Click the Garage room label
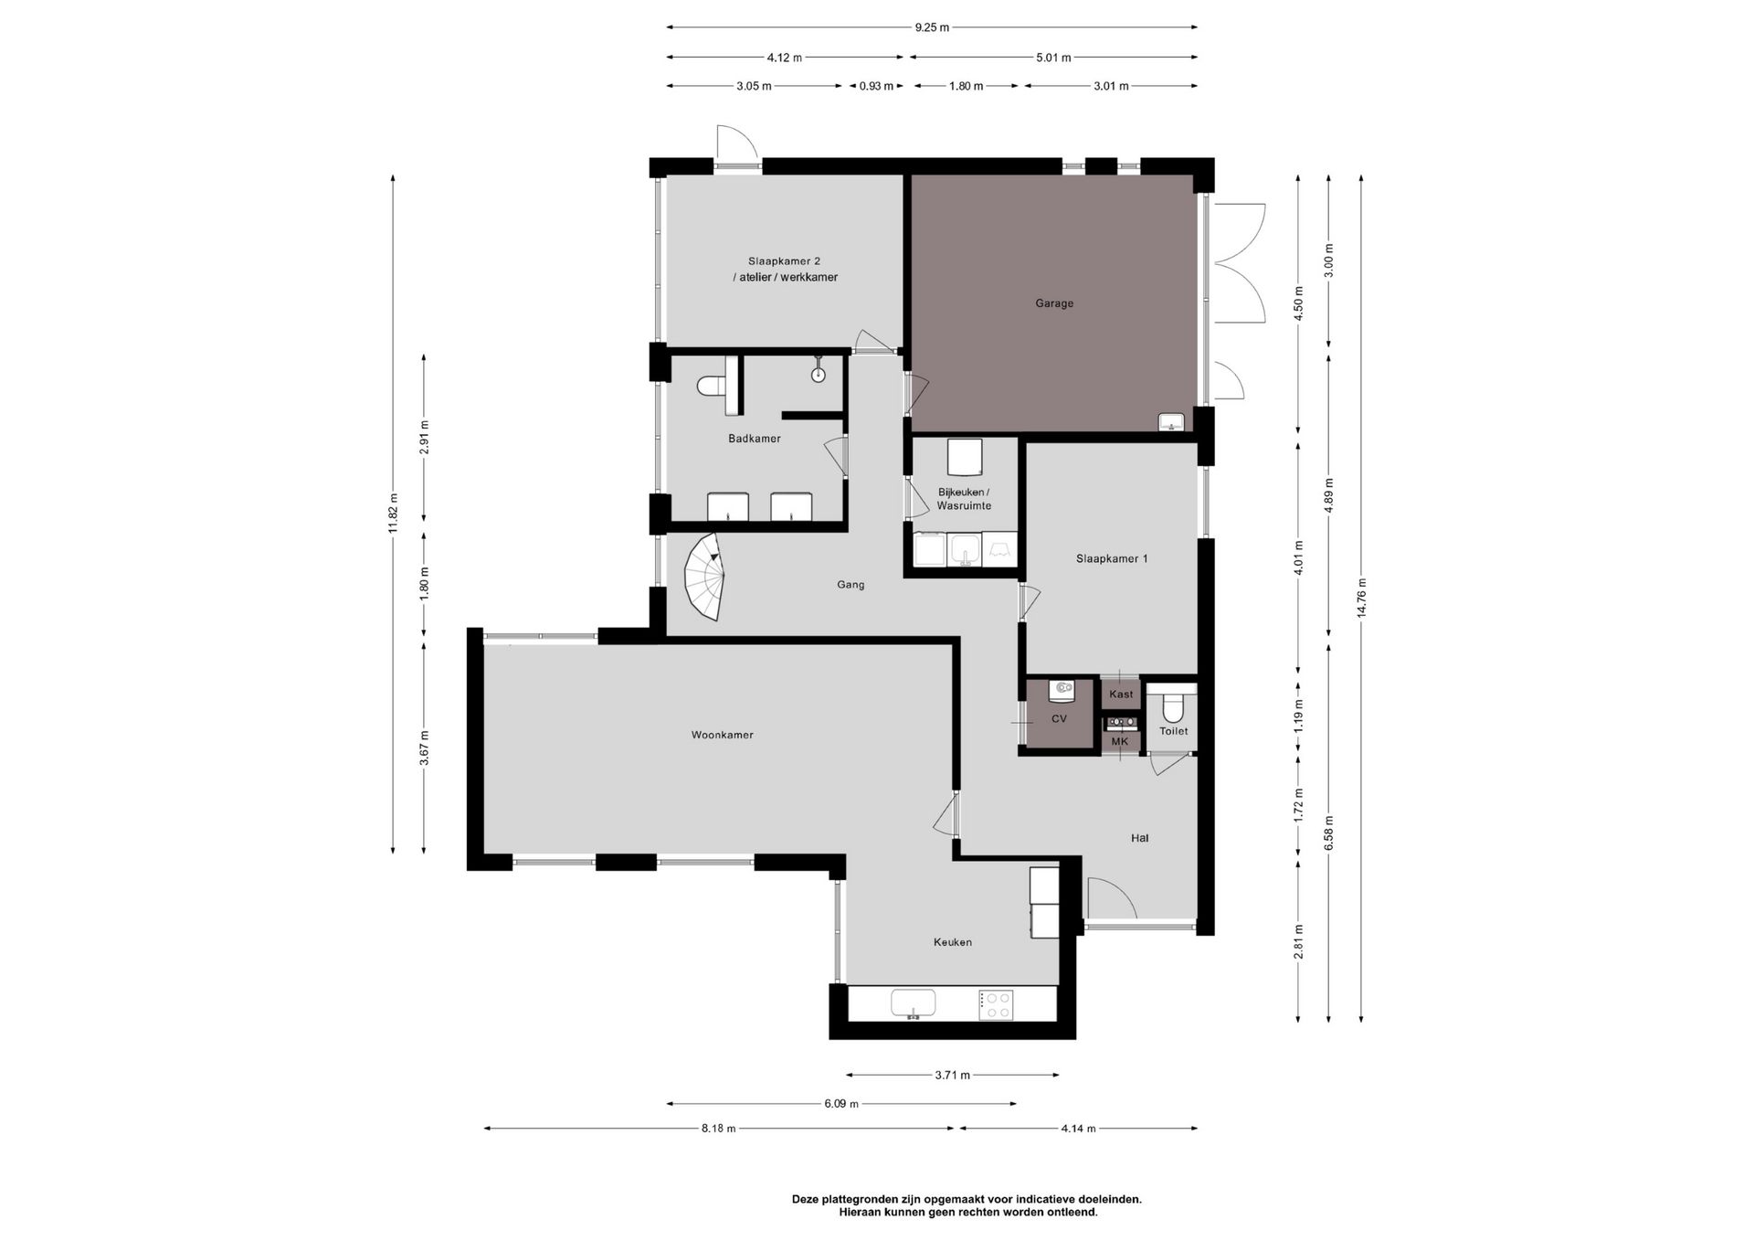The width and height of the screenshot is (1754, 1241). (x=1054, y=303)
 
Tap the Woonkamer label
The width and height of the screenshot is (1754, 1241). (x=722, y=735)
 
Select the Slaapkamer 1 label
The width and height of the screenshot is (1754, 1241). (x=1112, y=558)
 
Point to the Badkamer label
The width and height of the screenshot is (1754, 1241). (x=755, y=439)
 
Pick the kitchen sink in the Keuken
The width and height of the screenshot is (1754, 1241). (x=914, y=1003)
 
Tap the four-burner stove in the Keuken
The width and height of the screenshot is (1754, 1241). (x=995, y=1005)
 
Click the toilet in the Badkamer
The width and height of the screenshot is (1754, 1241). (x=711, y=387)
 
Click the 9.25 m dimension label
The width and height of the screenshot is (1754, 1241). (x=932, y=27)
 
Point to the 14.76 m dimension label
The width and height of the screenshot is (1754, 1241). (x=1361, y=599)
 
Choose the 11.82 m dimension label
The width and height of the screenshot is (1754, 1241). (x=393, y=514)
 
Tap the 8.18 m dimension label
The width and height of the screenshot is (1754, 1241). (x=719, y=1129)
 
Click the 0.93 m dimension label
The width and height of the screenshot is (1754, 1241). (x=876, y=86)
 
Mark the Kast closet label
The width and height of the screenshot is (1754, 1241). (x=1121, y=695)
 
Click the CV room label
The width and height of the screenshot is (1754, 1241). (x=1059, y=719)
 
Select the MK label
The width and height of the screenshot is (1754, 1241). (x=1120, y=741)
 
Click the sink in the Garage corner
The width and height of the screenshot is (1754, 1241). (x=1171, y=422)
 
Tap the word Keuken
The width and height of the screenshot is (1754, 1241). (x=953, y=942)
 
